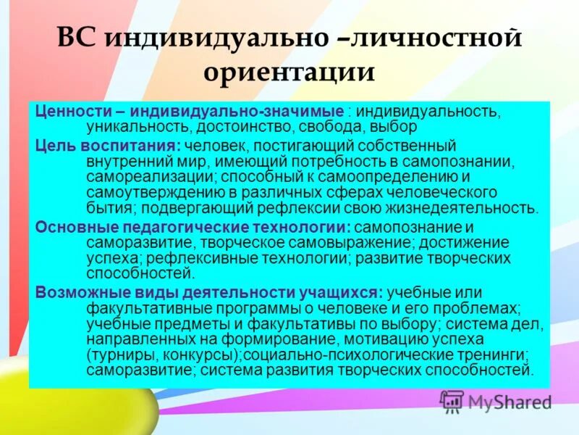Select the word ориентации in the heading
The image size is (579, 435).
click(289, 73)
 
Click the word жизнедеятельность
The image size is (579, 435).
click(460, 209)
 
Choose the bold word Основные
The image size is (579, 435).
click(67, 226)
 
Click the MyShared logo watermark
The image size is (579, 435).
click(496, 400)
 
